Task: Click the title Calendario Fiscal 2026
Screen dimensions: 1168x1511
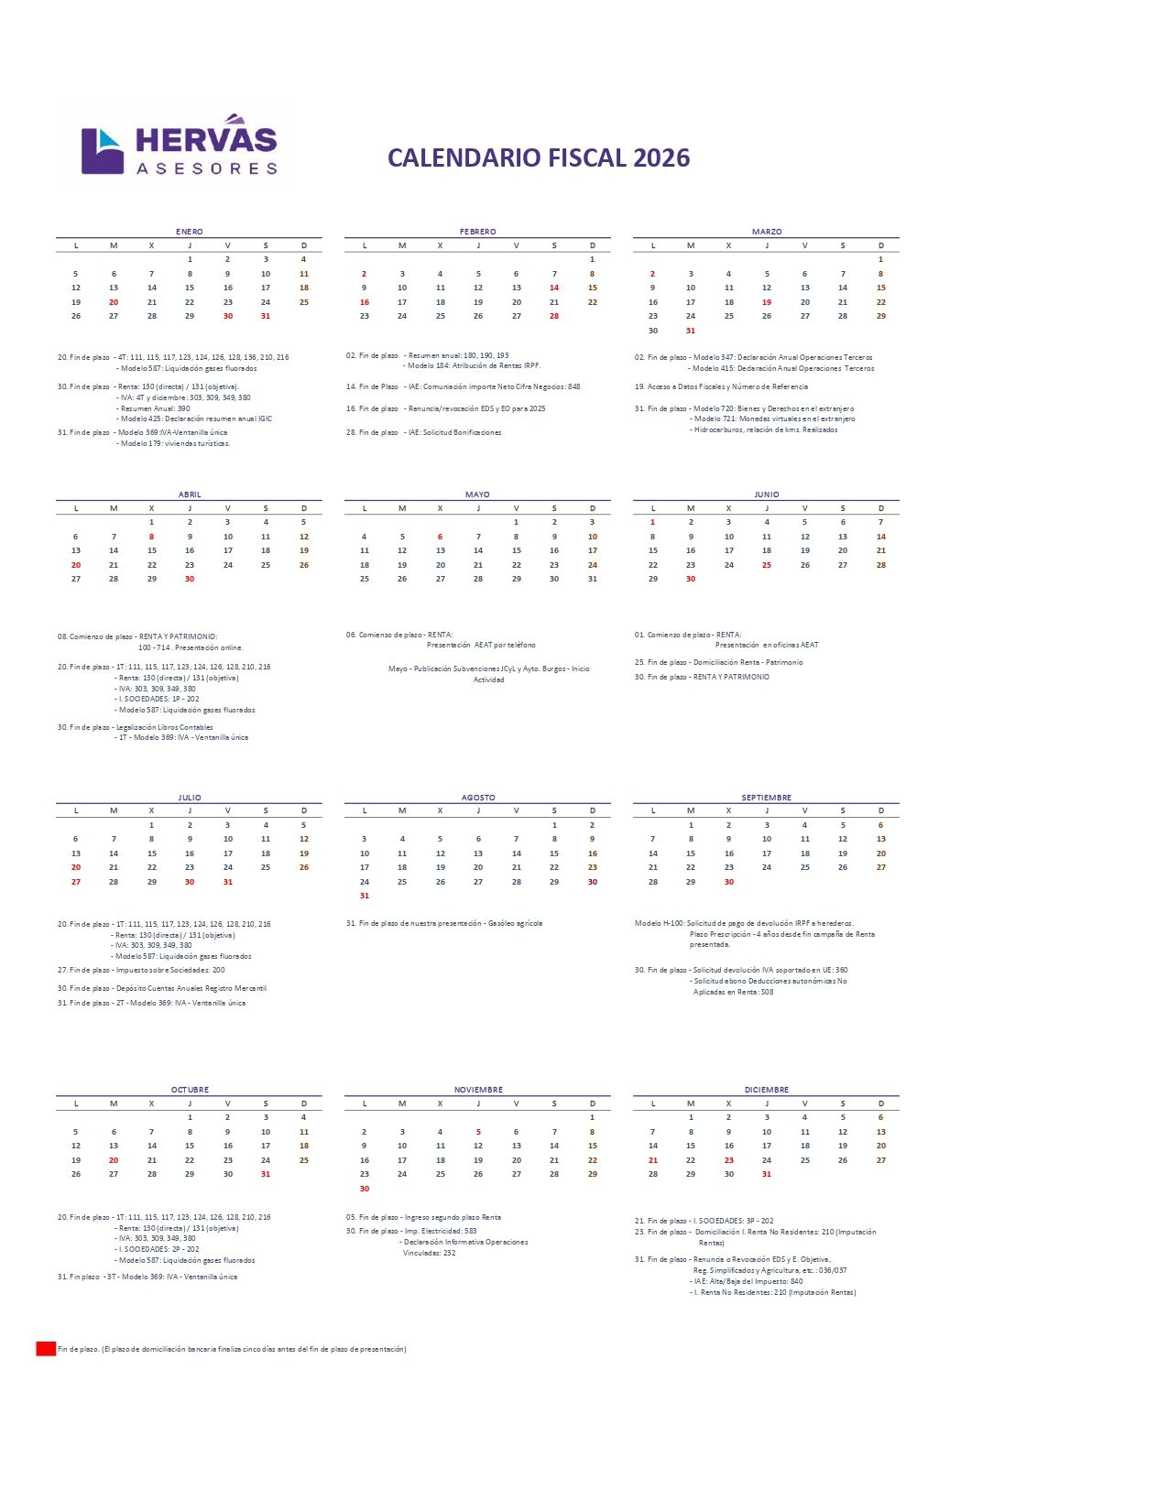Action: point(539,158)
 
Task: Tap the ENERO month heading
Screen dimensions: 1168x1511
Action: point(190,232)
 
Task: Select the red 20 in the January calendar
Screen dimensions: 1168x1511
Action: point(114,302)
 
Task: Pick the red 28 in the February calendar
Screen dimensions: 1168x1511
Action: point(554,316)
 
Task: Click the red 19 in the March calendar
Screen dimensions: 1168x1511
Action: point(767,302)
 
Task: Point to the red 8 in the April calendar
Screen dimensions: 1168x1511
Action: point(152,537)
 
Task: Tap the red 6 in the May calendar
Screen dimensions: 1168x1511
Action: point(441,537)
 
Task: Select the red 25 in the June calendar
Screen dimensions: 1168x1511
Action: point(767,565)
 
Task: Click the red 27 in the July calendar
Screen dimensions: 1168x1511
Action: point(76,882)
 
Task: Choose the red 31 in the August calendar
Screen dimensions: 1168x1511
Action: point(365,896)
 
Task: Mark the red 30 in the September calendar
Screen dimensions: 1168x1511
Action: point(729,882)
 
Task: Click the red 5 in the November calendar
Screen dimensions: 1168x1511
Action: point(478,1132)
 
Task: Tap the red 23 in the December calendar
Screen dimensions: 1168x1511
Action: point(729,1160)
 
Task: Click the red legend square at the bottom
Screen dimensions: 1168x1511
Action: point(46,1349)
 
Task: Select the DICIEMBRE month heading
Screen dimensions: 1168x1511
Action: point(767,1090)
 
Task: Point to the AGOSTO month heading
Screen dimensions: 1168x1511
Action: point(478,798)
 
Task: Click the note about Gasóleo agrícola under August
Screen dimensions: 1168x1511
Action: point(444,923)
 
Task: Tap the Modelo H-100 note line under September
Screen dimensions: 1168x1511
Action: point(744,923)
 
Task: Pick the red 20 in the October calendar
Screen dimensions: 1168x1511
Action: point(114,1160)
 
